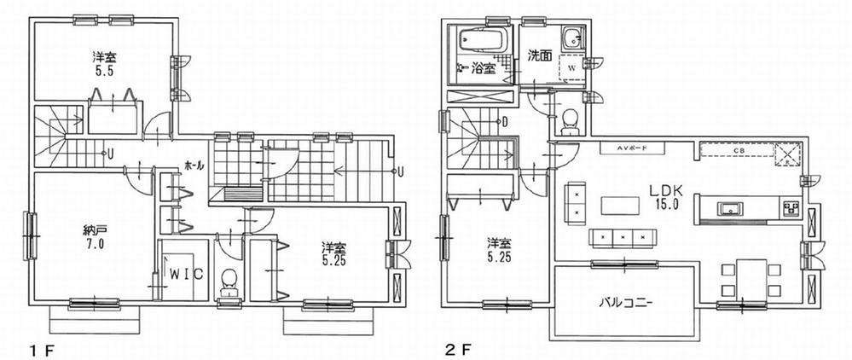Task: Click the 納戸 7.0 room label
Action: (94, 236)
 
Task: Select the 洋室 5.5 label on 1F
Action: (105, 66)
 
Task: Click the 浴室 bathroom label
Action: (484, 69)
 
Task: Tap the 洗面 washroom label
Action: (538, 57)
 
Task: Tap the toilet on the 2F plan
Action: (570, 122)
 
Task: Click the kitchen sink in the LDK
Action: (730, 208)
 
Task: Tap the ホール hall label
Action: (193, 165)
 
